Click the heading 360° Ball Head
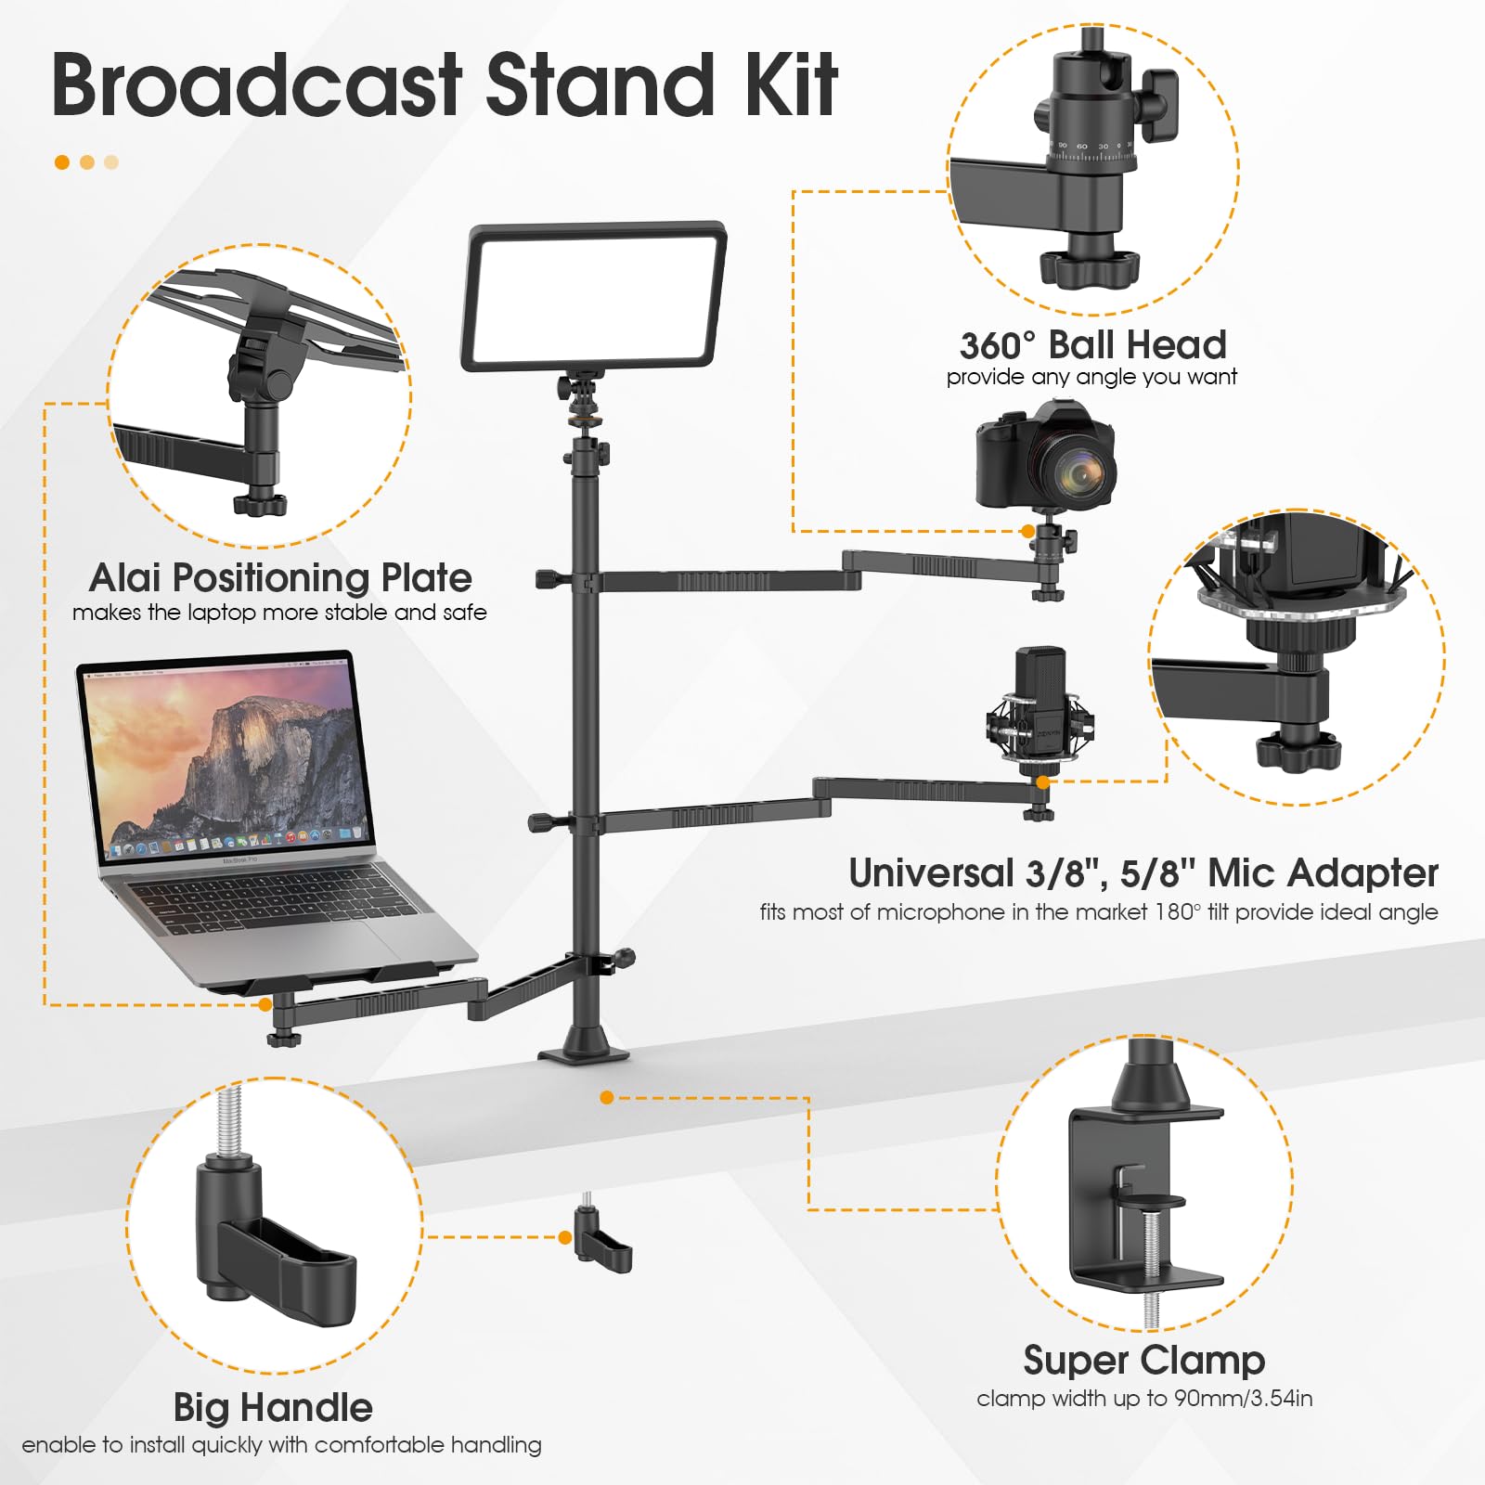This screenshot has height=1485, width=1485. [x=1092, y=345]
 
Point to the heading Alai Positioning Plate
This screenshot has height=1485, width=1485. [x=280, y=577]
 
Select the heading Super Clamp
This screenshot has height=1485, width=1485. [x=1143, y=1361]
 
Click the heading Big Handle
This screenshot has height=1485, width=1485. [x=273, y=1408]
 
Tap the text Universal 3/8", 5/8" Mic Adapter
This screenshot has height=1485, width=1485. [x=1143, y=873]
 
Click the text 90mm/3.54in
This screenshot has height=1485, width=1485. [x=1243, y=1399]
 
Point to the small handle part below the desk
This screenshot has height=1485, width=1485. [x=602, y=1240]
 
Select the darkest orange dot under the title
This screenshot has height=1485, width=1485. [x=62, y=162]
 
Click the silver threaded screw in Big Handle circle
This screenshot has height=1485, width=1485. [x=228, y=1122]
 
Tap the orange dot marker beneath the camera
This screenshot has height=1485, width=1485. [x=1027, y=532]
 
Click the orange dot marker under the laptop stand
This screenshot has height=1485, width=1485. [x=265, y=1004]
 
